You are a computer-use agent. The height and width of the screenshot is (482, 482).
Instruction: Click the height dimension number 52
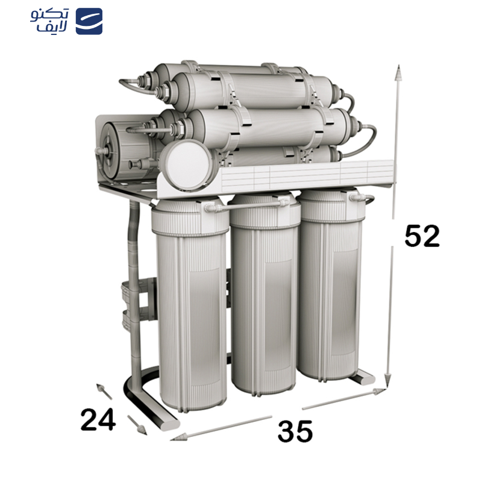coord(422,236)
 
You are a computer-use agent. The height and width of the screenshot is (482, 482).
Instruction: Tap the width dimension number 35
coord(295,431)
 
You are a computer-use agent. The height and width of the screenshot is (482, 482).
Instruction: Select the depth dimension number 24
coord(98,419)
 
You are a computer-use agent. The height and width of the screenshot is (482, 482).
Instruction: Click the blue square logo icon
coord(89,21)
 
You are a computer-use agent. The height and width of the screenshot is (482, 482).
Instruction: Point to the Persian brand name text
coord(49,20)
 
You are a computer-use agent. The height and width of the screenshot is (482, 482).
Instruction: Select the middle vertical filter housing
coord(265,293)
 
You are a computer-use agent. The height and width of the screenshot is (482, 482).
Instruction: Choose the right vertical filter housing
coord(331,284)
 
